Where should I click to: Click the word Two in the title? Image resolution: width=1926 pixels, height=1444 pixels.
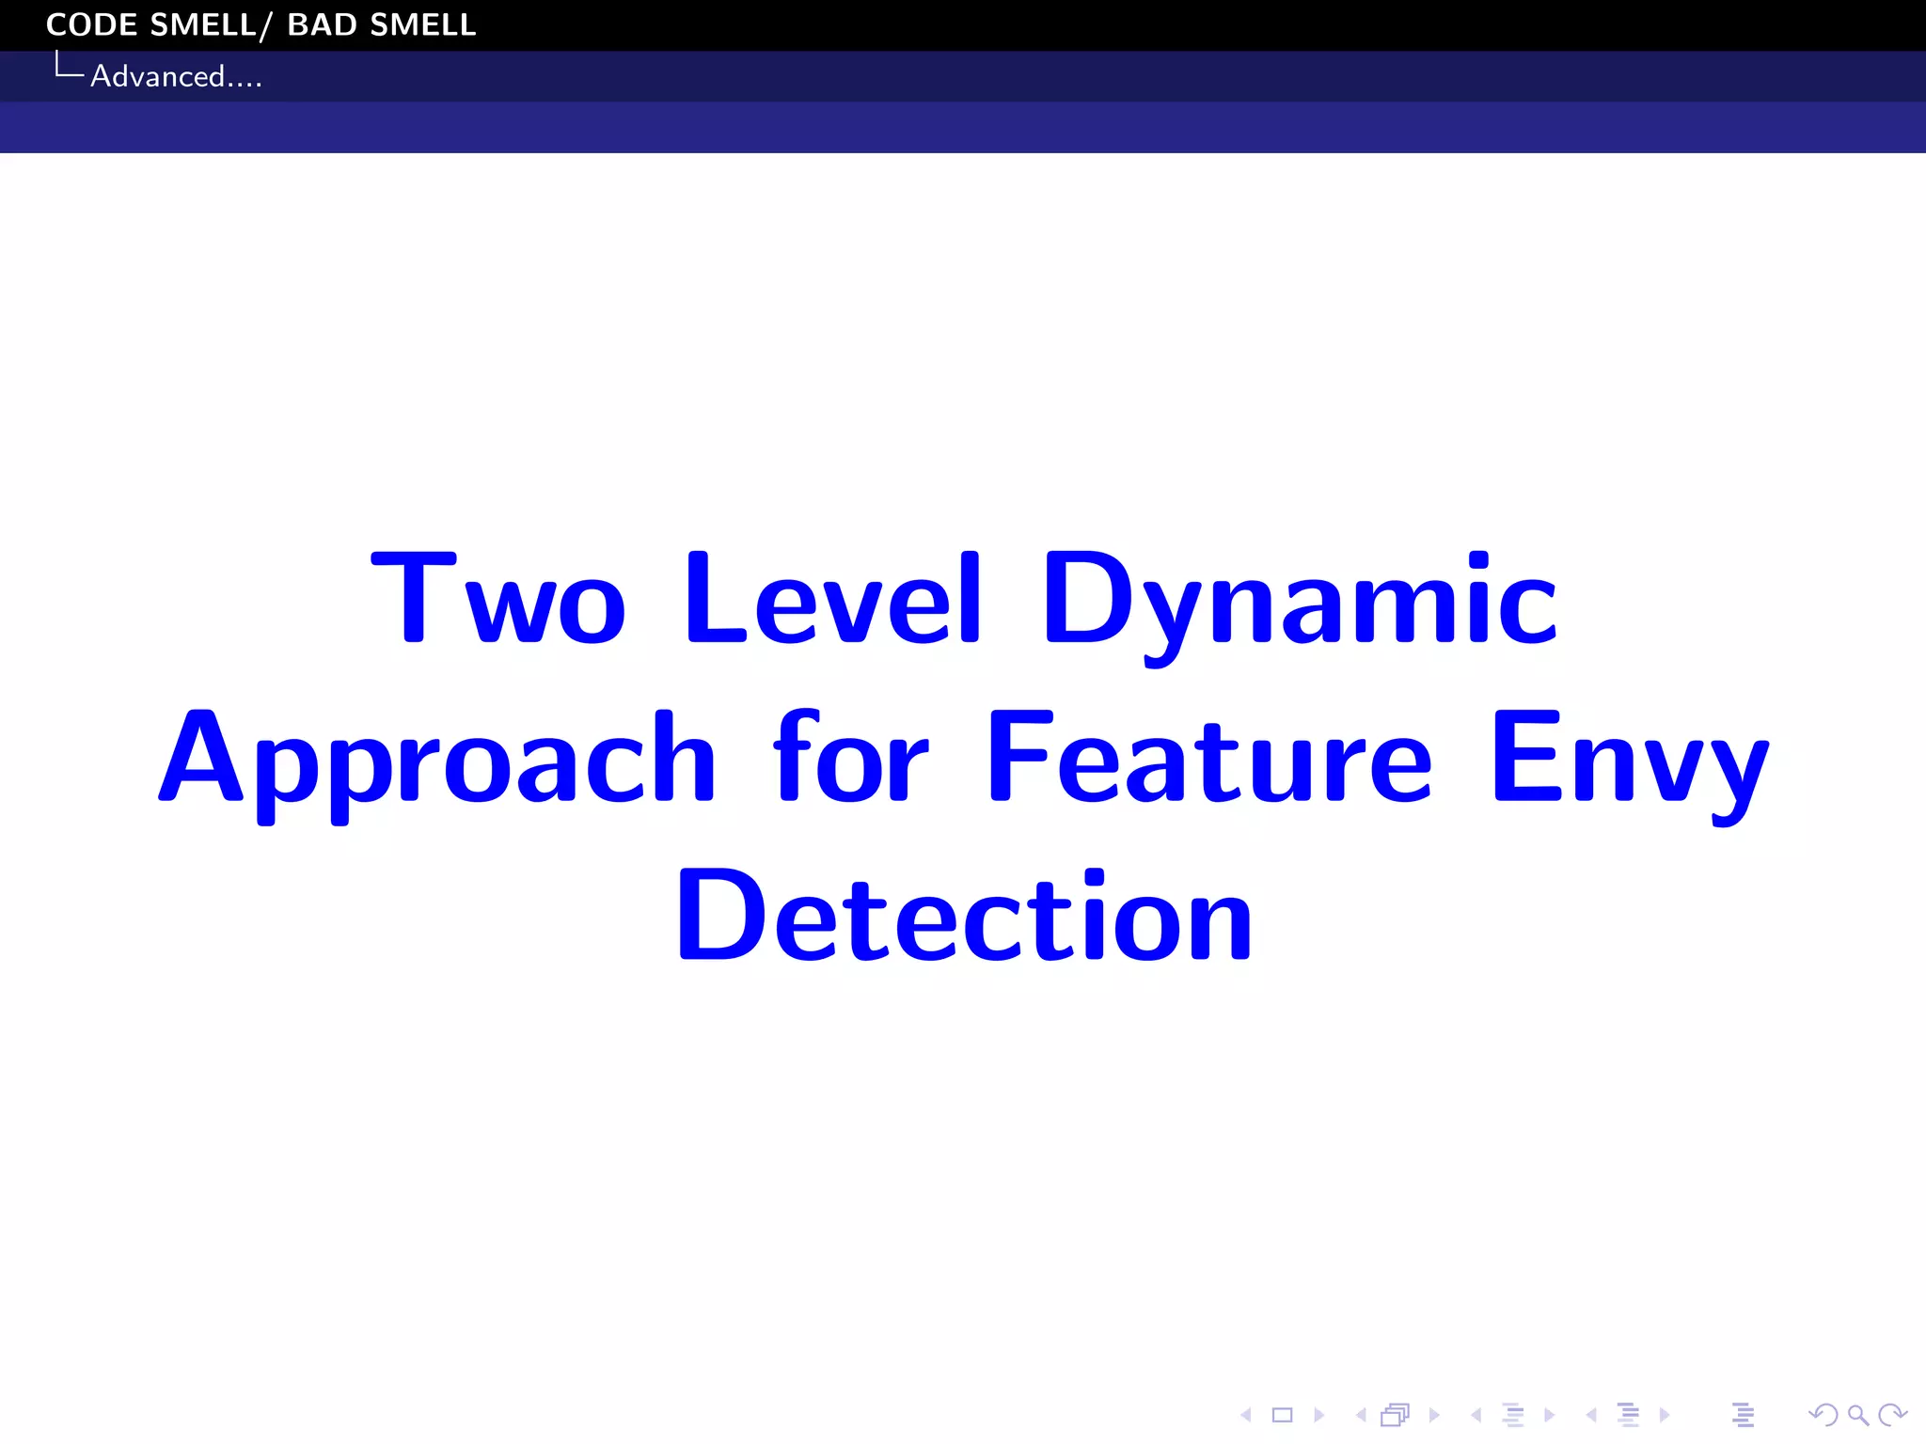497,599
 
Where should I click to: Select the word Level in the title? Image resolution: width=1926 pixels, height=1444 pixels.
833,599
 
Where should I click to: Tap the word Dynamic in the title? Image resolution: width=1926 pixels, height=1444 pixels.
1300,602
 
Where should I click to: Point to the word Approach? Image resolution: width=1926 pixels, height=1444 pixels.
437,760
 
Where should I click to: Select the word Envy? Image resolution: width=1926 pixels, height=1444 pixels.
1630,760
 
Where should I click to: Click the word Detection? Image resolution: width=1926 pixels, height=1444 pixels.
964,916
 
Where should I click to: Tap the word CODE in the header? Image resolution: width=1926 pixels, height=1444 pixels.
92,24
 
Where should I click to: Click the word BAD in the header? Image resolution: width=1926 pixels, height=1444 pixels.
322,24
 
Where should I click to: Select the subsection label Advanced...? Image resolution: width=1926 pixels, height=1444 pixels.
176,76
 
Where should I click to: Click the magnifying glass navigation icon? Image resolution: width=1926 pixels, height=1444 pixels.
1857,1415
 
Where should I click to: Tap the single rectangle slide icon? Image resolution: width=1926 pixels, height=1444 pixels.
1282,1415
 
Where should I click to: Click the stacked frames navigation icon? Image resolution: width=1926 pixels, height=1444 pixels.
1396,1415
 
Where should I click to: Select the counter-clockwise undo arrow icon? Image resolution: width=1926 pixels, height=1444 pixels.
1823,1415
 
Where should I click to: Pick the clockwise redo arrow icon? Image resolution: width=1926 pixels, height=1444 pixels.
1891,1415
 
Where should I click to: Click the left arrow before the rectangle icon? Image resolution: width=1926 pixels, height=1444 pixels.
1246,1415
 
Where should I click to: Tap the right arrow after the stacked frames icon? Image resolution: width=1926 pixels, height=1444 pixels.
1434,1415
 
